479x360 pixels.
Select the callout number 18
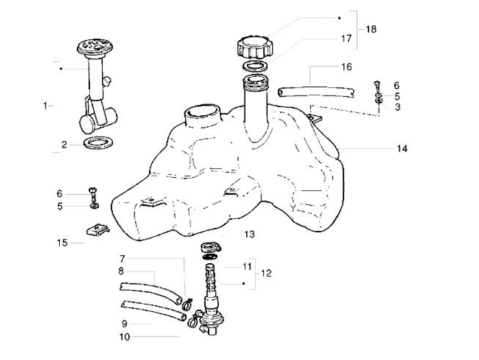[x=371, y=29]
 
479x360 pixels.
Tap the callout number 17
[x=346, y=38]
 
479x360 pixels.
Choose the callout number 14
[x=402, y=149]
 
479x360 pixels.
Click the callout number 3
[x=397, y=107]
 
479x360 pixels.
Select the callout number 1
[x=45, y=106]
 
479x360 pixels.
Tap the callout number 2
[x=64, y=145]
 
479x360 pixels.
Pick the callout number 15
[x=62, y=243]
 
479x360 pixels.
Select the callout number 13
[x=249, y=234]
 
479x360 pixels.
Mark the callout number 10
[x=125, y=337]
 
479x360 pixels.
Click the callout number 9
[x=124, y=323]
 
